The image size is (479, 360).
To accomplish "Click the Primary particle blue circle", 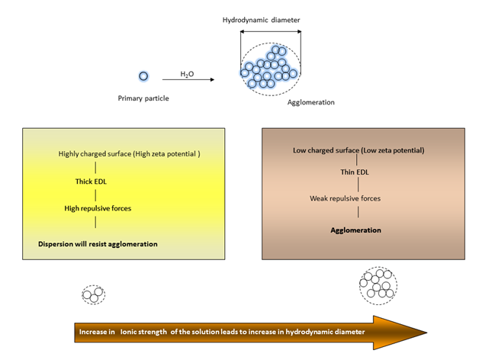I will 143,76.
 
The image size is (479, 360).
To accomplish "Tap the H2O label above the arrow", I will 187,74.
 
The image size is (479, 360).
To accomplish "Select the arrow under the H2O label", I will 188,79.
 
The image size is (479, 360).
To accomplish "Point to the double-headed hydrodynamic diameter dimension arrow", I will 270,31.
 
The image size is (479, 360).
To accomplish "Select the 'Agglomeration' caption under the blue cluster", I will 310,101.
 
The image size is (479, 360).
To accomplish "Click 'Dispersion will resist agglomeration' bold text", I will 98,244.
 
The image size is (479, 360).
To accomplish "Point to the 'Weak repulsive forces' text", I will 345,198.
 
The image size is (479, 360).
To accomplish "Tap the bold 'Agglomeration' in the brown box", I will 355,230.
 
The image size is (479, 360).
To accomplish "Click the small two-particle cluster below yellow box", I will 94,294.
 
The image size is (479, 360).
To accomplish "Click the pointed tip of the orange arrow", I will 426,333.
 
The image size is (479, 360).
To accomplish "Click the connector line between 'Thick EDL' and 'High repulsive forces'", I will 95,194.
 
